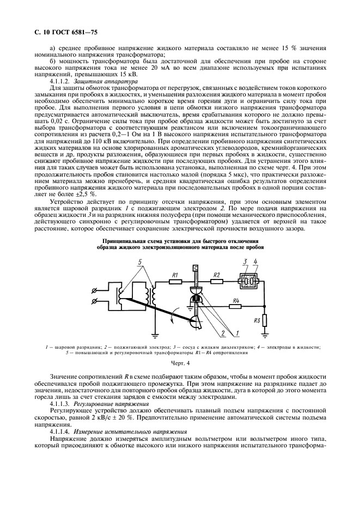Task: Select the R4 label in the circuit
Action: click(235, 300)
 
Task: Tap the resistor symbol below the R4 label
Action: click(235, 307)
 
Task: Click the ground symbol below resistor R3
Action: click(265, 331)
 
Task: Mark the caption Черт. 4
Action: click(180, 362)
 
